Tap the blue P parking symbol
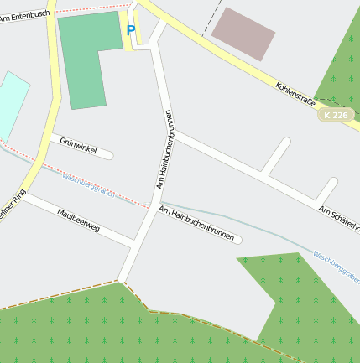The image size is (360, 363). pos(130,31)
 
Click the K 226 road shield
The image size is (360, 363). pos(334,115)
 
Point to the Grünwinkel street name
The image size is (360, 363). pos(78,147)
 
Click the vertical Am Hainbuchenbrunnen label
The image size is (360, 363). pos(164,148)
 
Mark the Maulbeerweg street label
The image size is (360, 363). pos(79,219)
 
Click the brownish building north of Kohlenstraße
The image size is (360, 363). pos(243,34)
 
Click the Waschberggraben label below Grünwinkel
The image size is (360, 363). pos(89,184)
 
